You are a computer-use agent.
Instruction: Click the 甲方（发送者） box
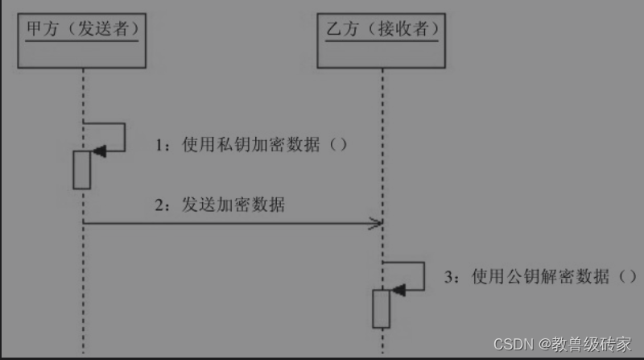pos(80,40)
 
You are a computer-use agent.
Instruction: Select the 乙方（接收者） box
pos(382,40)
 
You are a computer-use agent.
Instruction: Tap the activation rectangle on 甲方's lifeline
pos(82,169)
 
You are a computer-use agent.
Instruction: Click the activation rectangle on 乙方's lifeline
pos(382,308)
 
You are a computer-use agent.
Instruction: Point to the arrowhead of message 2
pos(376,223)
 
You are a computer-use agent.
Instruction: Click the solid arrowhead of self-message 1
pos(98,151)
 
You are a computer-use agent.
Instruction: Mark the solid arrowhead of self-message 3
pos(397,288)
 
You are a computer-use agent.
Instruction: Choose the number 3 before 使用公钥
pos(450,277)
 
